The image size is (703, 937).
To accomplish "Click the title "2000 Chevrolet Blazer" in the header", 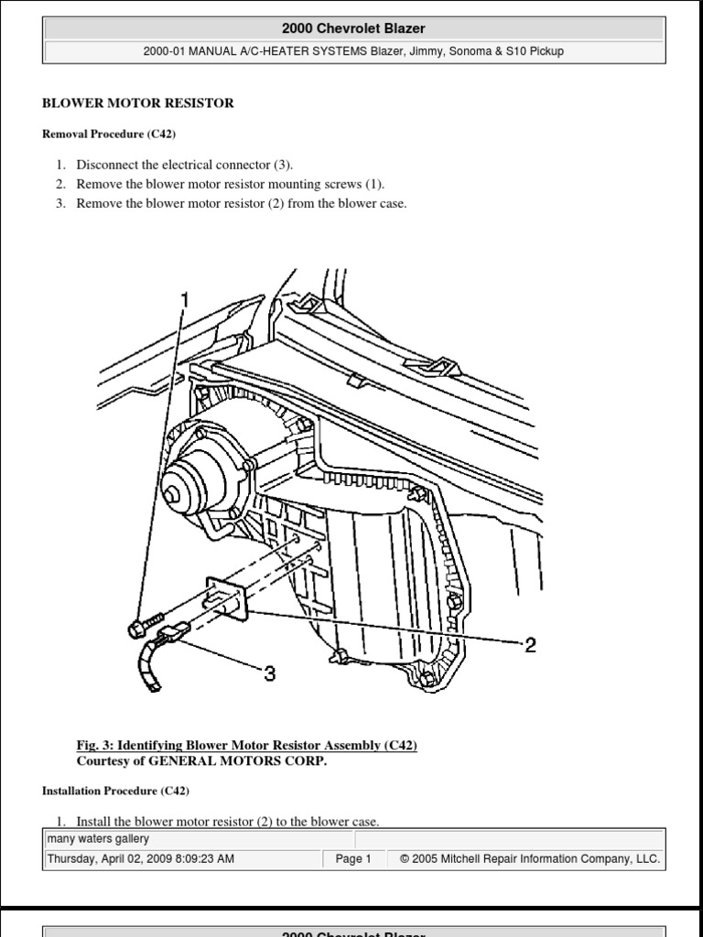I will click(353, 29).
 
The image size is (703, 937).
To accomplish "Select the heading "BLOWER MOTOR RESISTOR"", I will click(138, 103).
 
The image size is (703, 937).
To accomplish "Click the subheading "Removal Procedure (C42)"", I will click(108, 135).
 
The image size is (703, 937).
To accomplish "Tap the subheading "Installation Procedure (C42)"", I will click(115, 790).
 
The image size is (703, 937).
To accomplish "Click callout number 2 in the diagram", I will click(529, 646).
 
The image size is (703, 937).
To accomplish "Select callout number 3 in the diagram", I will click(269, 674).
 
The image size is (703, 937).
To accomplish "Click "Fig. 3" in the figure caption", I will click(93, 746).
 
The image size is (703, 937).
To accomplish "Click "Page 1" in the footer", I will click(353, 859).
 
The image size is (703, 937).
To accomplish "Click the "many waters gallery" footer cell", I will click(98, 839).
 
